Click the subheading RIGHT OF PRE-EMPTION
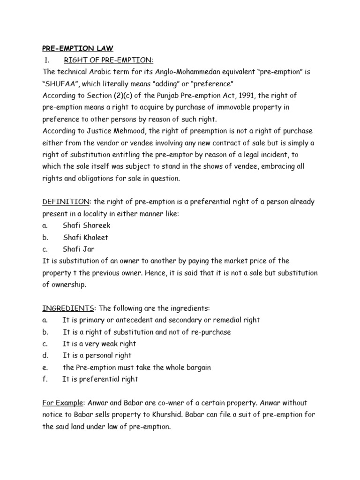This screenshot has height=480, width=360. (102, 60)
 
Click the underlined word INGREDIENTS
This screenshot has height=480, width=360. (68, 308)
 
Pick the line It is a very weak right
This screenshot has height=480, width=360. (99, 344)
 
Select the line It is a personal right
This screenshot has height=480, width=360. (97, 355)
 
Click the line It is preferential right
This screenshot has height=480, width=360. (100, 379)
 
